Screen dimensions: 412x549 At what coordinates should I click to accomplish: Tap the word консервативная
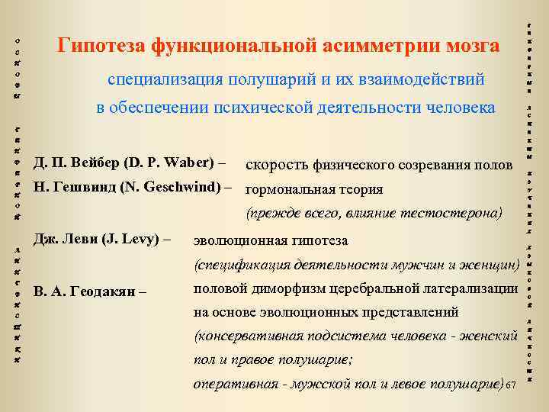pos(251,336)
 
